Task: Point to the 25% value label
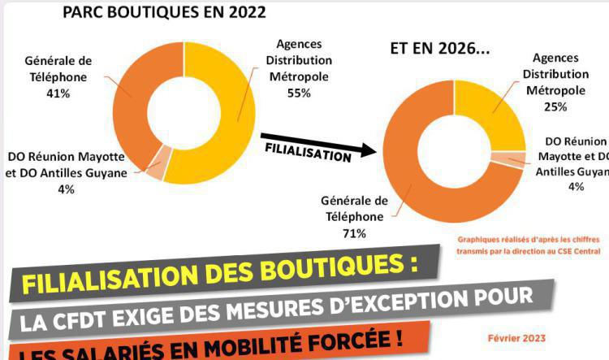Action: [x=556, y=106]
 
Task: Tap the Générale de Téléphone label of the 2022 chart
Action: [x=58, y=68]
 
